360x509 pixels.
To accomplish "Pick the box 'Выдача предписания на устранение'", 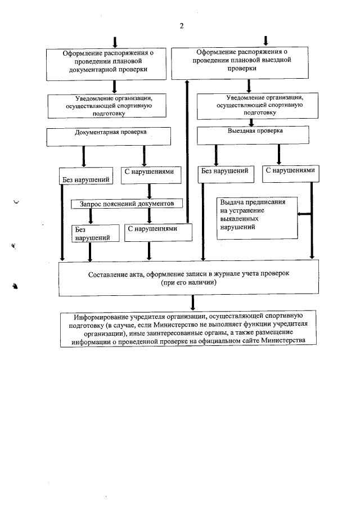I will pos(256,217).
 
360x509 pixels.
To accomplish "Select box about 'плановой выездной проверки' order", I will pos(241,62).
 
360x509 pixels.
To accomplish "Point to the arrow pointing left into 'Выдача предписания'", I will pos(304,214).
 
